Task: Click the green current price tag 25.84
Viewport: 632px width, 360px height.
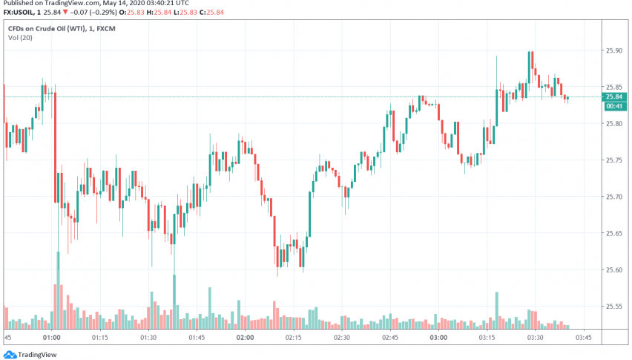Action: pyautogui.click(x=613, y=96)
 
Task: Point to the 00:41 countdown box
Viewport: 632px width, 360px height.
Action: pyautogui.click(x=613, y=106)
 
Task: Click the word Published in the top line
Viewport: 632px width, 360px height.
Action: pyautogui.click(x=19, y=4)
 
